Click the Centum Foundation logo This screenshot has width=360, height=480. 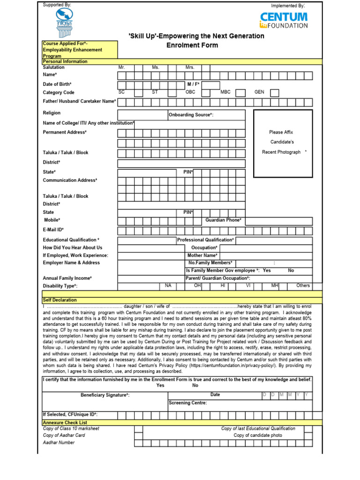[x=284, y=20]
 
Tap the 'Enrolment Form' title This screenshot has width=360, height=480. [x=192, y=45]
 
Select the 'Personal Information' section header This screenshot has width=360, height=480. [x=65, y=61]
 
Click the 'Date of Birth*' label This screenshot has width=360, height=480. [x=57, y=84]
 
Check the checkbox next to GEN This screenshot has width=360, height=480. [x=275, y=93]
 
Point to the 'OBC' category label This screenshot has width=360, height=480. [x=190, y=92]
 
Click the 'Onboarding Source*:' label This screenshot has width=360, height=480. [x=191, y=115]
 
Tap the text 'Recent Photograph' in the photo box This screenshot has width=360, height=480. [x=281, y=152]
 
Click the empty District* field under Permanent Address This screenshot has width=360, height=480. [x=181, y=163]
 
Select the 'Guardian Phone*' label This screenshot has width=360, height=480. [x=224, y=220]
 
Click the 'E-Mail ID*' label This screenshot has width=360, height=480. [x=53, y=230]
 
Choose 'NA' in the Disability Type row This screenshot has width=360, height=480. [x=167, y=285]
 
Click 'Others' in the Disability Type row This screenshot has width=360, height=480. [x=303, y=285]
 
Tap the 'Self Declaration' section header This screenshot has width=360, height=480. [x=60, y=300]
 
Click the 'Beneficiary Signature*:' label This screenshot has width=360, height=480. [x=105, y=395]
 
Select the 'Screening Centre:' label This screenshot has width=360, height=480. [x=187, y=403]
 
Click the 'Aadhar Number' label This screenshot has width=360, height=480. [x=59, y=442]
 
